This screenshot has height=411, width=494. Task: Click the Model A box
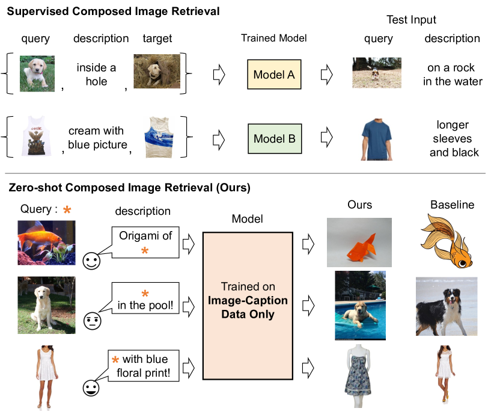click(274, 75)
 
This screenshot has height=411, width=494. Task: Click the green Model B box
click(275, 138)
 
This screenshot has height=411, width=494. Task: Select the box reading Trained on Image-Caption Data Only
click(248, 306)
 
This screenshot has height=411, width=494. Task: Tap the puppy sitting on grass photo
click(37, 73)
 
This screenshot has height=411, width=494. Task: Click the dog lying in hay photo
click(157, 71)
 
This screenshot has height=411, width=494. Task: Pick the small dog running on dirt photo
click(376, 73)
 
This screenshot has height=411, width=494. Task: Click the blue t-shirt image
click(376, 140)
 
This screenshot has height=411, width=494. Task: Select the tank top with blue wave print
click(159, 138)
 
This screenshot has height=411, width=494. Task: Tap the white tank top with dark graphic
click(36, 135)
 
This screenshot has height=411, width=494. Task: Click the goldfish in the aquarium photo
click(46, 243)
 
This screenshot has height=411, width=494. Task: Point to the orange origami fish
click(359, 243)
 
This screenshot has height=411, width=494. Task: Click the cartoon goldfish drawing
click(447, 241)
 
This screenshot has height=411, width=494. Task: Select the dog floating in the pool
click(360, 305)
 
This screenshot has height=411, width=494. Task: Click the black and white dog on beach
click(447, 306)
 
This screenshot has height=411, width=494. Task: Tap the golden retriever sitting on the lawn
click(46, 305)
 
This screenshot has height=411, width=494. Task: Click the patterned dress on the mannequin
click(359, 376)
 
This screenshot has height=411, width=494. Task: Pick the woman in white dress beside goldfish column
click(47, 377)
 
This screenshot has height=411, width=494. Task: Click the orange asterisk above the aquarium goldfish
click(67, 210)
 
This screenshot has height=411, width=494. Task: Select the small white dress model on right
click(445, 374)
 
